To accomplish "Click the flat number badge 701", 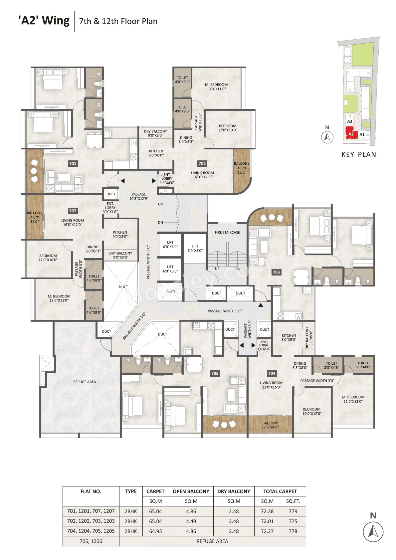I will click(x=73, y=163).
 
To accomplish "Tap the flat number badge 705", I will click(x=215, y=373).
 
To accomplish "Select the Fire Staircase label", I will click(x=227, y=232).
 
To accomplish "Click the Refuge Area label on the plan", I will click(x=85, y=382).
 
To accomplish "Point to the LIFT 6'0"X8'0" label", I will click(x=195, y=248).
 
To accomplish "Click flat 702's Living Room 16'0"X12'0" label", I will click(x=202, y=175).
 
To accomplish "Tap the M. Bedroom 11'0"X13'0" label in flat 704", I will click(x=353, y=399).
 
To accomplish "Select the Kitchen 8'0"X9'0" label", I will click(x=289, y=337).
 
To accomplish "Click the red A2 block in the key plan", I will click(x=351, y=134).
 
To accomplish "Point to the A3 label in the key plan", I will click(x=349, y=121).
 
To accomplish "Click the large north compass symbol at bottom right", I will click(x=373, y=531).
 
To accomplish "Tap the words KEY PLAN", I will click(x=359, y=154).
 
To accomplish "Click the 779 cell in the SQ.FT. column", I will click(x=293, y=511).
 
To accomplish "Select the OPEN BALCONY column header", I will click(x=191, y=491).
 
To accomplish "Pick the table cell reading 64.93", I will click(x=155, y=531).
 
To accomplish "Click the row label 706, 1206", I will click(x=91, y=541).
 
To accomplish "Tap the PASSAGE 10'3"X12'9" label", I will click(x=139, y=196).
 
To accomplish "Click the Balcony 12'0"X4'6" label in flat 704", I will click(x=270, y=425).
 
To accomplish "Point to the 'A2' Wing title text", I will click(x=44, y=21).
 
